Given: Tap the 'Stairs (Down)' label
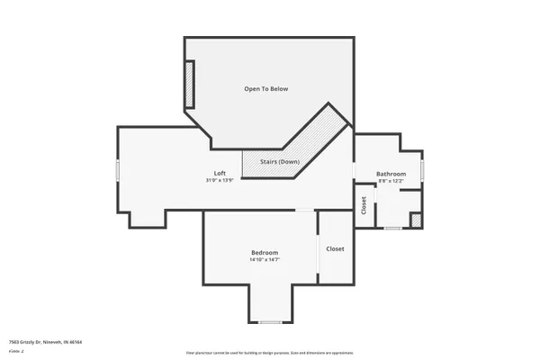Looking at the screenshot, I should [280, 161].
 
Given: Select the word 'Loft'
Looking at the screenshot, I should [220, 173].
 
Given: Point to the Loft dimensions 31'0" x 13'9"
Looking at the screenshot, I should [220, 181].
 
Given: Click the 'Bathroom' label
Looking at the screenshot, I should [391, 174].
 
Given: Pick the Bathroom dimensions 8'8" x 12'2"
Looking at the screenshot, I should [391, 182].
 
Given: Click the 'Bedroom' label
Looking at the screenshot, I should [265, 252].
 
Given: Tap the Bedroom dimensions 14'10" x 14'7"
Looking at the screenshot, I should [265, 260].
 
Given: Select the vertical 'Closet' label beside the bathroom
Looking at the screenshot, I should [364, 205].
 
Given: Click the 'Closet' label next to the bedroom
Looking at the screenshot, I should [335, 248].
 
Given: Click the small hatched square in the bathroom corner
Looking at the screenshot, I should [416, 220].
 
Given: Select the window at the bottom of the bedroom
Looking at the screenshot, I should [270, 321].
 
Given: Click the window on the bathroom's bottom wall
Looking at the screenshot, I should [392, 228].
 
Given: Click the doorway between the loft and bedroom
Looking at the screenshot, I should [306, 211].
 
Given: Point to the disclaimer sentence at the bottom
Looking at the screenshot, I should [270, 353].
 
